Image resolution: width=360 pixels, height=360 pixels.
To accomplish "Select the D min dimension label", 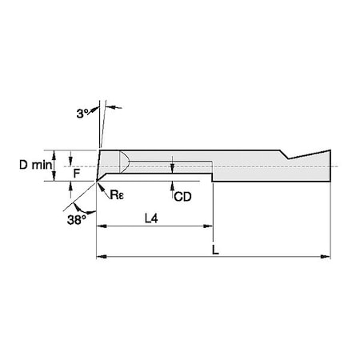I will tap(32, 165).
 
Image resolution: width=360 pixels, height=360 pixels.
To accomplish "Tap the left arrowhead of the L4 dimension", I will tap(100, 228).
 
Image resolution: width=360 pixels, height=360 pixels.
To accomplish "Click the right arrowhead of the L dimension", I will tap(326, 257).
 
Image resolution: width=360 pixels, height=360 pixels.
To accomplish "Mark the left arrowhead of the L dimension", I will tap(100, 257).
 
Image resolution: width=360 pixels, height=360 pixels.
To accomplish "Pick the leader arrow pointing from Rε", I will tap(102, 186).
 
